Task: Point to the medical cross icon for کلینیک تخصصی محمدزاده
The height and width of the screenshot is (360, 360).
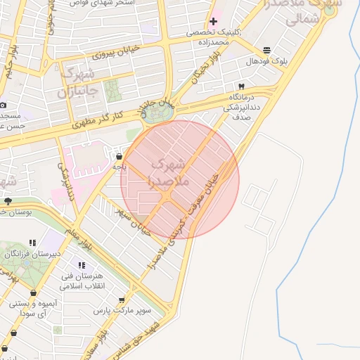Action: click(x=214, y=21)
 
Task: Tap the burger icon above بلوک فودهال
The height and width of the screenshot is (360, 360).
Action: click(x=266, y=51)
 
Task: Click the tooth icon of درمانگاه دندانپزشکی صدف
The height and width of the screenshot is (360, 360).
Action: click(x=241, y=86)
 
